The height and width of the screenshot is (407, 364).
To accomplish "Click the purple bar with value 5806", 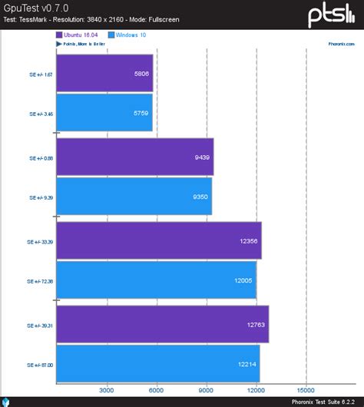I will click(x=104, y=73).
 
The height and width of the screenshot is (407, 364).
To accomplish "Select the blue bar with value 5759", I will click(x=104, y=113).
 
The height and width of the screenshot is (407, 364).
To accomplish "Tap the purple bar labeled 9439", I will click(x=135, y=157).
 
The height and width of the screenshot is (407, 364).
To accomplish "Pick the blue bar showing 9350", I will click(x=134, y=197).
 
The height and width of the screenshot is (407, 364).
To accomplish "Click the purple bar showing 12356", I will click(x=159, y=241).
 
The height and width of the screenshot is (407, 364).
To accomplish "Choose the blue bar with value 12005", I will click(x=156, y=280).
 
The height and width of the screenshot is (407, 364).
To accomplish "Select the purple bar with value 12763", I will click(x=162, y=324).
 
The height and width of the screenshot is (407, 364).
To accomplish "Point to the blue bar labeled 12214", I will click(x=157, y=364).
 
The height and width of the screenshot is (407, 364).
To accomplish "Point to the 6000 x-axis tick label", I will click(x=157, y=390).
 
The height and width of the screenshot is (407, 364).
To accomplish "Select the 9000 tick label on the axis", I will click(x=207, y=390).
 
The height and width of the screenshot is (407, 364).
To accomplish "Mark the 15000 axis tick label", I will click(x=306, y=390).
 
